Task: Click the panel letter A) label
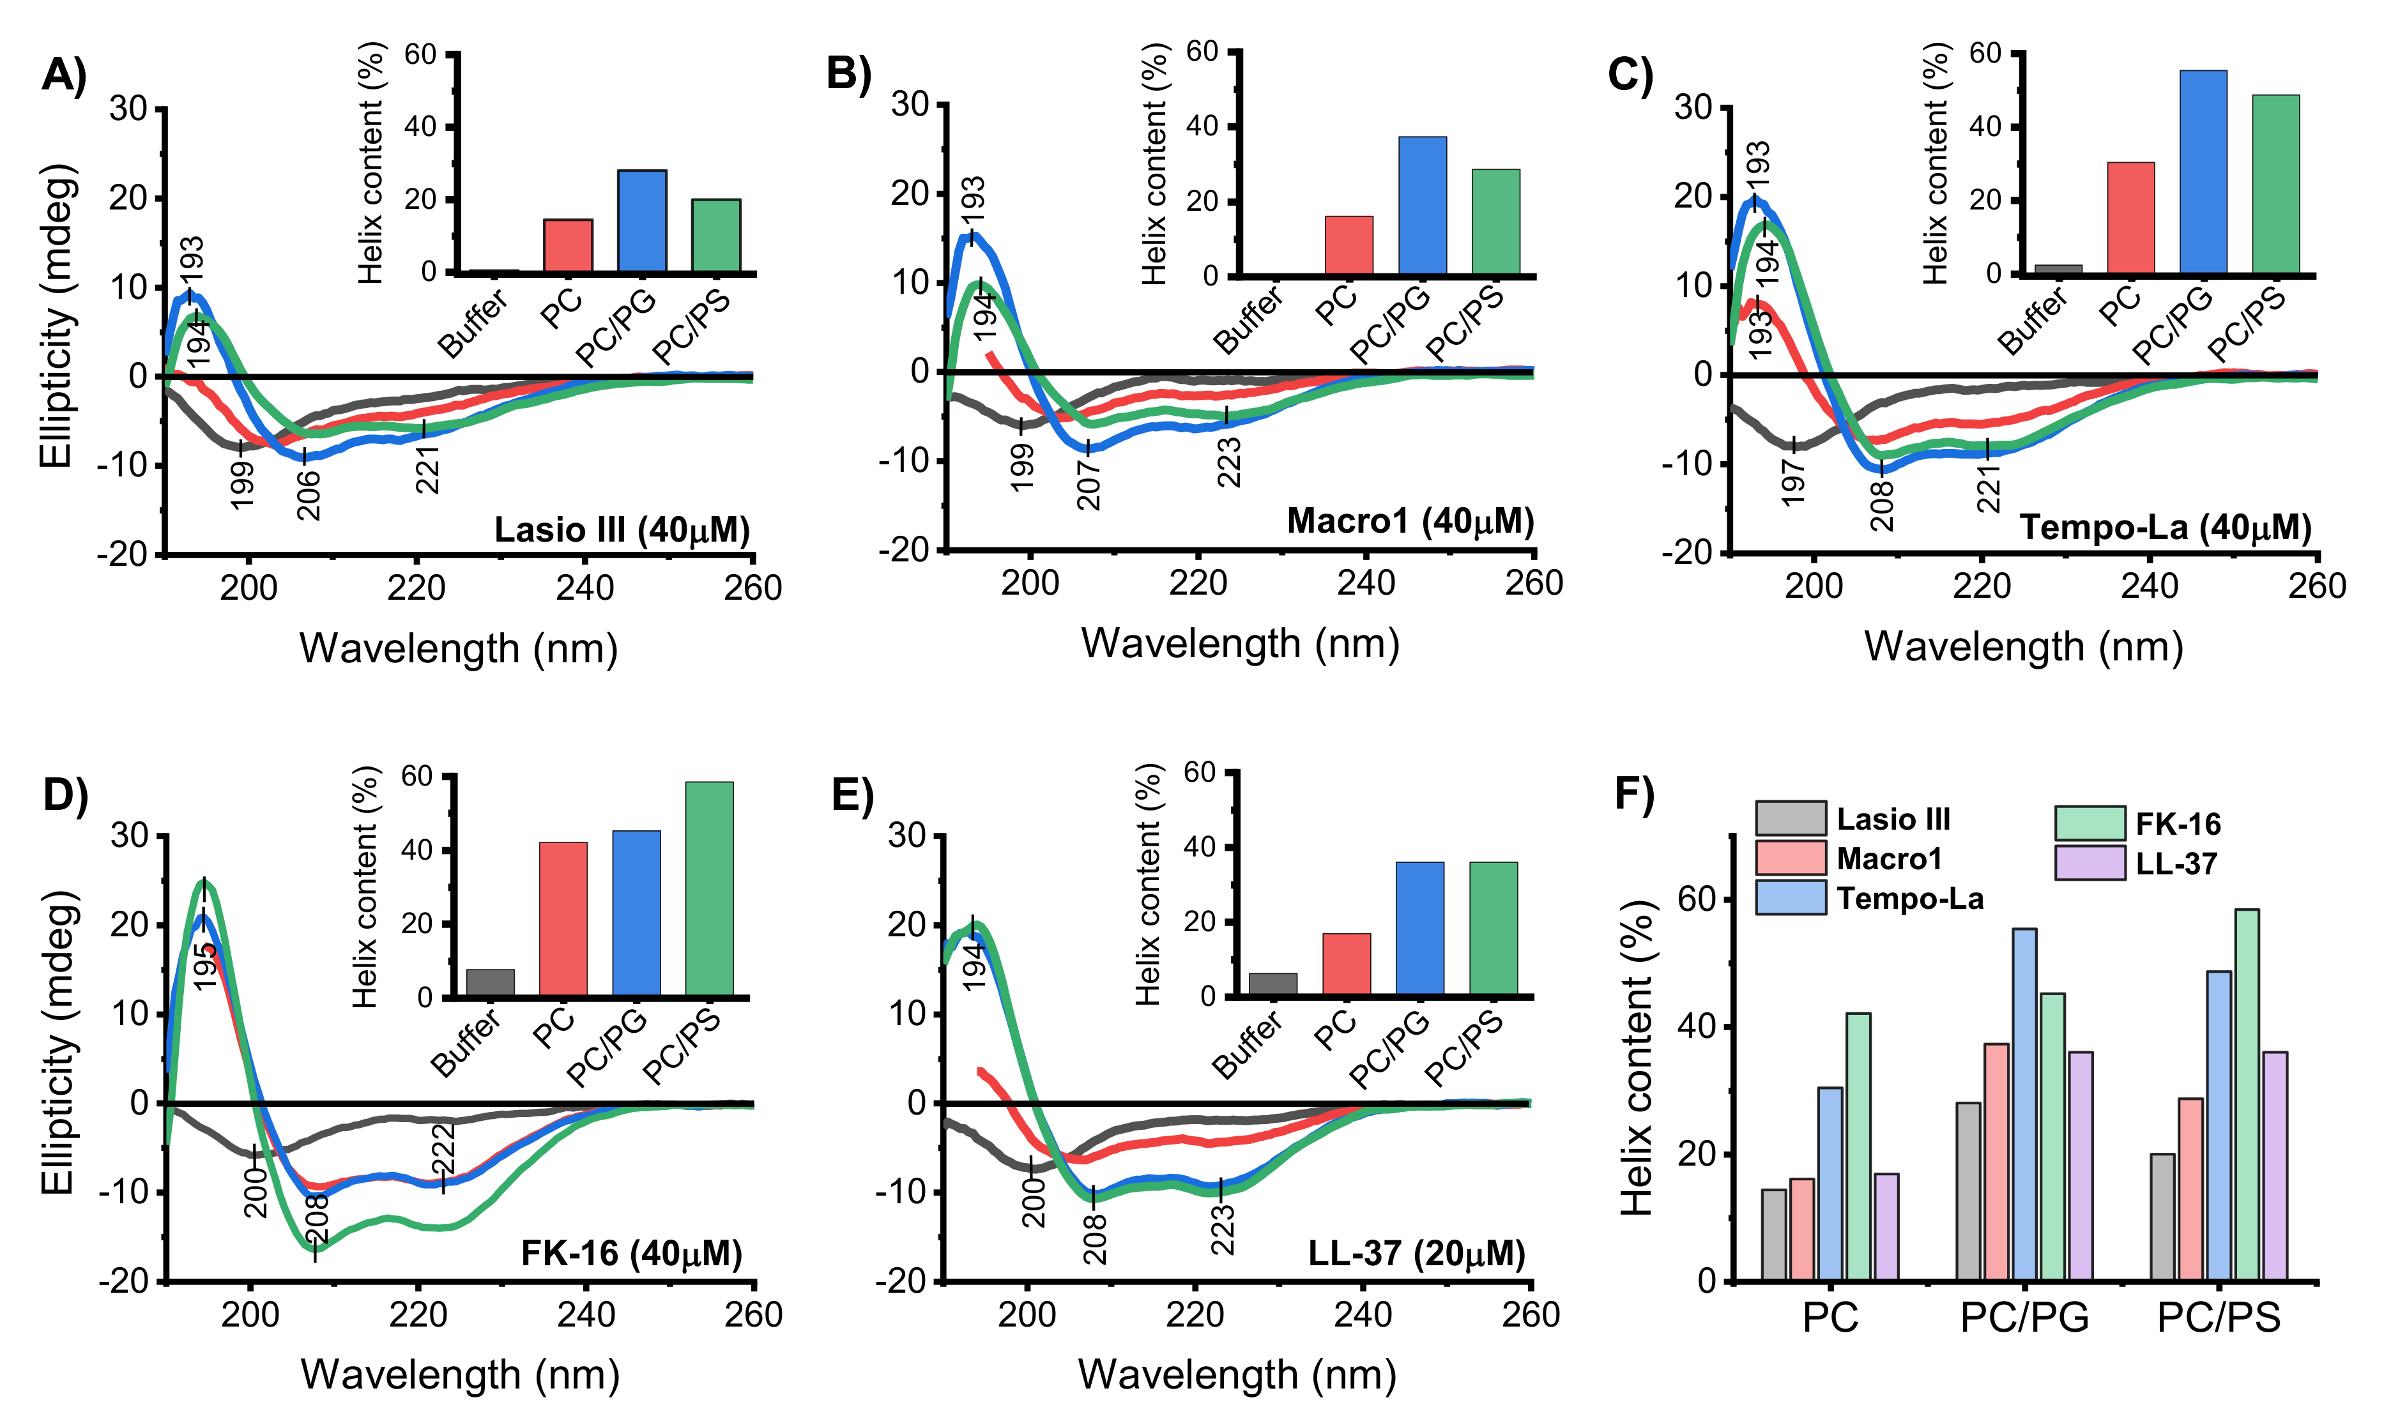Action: pyautogui.click(x=63, y=75)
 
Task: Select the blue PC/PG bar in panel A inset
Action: pyautogui.click(x=641, y=222)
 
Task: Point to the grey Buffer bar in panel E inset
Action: pyautogui.click(x=1272, y=985)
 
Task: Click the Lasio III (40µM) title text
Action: pyautogui.click(x=622, y=530)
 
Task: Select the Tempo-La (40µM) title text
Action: pyautogui.click(x=2166, y=528)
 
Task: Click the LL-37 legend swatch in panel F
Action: pyautogui.click(x=2090, y=863)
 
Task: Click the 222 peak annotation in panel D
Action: pyautogui.click(x=443, y=1150)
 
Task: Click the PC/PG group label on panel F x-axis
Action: pyautogui.click(x=2024, y=1318)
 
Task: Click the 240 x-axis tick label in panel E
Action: pyautogui.click(x=1363, y=1314)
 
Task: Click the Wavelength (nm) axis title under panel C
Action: pyautogui.click(x=2024, y=647)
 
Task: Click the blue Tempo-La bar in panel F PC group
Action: pyautogui.click(x=1830, y=1183)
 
